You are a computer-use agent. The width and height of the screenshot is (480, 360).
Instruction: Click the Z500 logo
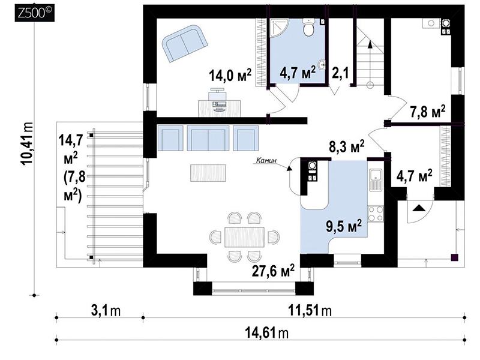pos(35,13)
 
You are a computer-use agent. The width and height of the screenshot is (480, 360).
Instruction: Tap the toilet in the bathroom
pos(307,27)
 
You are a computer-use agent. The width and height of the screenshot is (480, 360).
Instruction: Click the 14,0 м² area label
pos(230,75)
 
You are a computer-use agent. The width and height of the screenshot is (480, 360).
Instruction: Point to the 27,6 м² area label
pos(274,271)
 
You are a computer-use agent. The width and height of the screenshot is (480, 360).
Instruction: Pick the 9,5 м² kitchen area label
pos(344,227)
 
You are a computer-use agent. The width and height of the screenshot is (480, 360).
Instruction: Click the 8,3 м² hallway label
pos(347,146)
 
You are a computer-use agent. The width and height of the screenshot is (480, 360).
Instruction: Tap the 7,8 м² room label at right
pos(428,113)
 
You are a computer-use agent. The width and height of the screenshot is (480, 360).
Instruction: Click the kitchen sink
pos(376,179)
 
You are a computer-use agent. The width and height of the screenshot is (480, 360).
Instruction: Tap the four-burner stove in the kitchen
pos(376,214)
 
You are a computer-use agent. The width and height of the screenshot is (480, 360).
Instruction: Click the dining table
pos(244,236)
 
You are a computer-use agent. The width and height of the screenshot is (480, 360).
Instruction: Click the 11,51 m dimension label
pos(310,311)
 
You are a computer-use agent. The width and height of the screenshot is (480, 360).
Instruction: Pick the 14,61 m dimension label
pos(266,332)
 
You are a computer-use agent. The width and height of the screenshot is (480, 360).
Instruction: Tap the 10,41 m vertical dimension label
pos(28,144)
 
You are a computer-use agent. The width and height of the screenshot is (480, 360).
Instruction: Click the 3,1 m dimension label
pos(106,311)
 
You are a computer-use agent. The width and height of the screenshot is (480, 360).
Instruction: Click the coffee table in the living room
pos(208,173)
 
